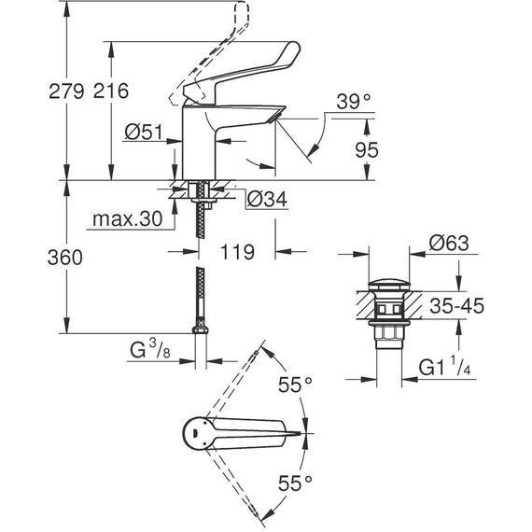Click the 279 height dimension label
pos(66,91)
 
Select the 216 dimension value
pos(111,91)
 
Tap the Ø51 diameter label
pos(144,132)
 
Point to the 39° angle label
pos(354,102)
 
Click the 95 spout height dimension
pos(367,149)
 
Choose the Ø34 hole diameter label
pos(267,199)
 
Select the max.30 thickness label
pos(128,219)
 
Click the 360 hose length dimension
pos(64,258)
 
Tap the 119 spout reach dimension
pos(237,252)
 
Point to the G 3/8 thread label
pos(150,350)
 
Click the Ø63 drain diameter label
pos(449,243)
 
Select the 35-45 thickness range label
pos(456,306)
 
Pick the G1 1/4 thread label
pos(445,367)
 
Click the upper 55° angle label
pos(295,385)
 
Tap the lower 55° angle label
pos(295,483)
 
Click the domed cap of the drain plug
pos(389,285)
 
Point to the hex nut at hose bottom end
pos(201,330)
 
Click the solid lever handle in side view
pos(242,74)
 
